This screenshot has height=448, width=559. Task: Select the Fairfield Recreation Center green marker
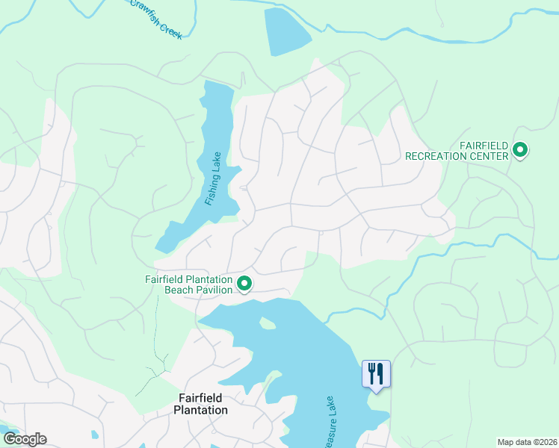(520, 152)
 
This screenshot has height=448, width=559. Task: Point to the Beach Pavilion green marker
(244, 284)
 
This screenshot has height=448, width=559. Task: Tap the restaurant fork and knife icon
(376, 373)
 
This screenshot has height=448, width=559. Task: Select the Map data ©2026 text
(526, 442)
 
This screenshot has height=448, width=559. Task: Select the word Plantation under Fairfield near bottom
(200, 410)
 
